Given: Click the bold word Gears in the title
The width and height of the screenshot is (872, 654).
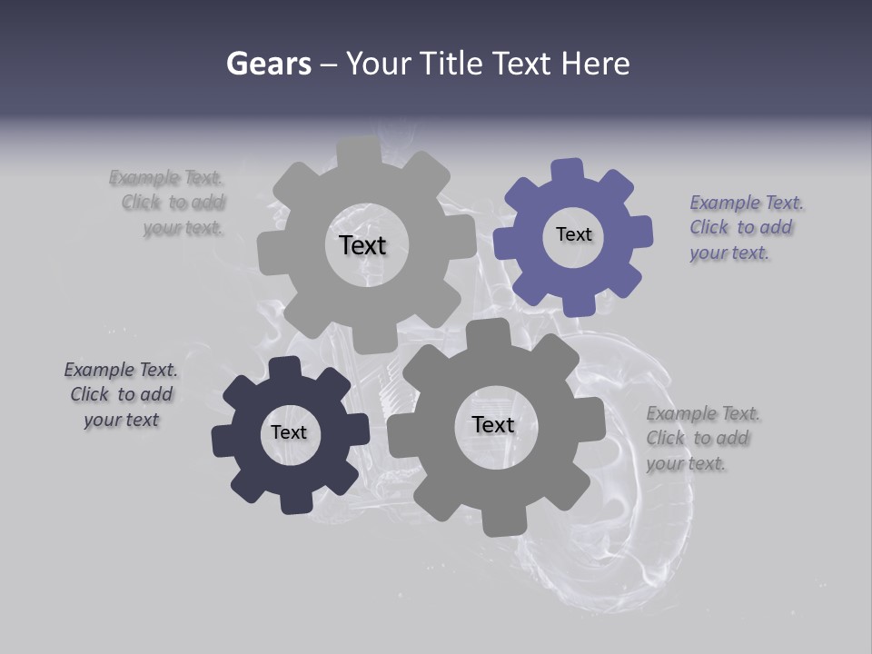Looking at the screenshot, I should point(268,64).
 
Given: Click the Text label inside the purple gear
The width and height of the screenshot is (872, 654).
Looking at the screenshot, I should point(573,234).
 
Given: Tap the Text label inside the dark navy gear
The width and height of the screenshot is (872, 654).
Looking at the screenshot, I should point(289,432).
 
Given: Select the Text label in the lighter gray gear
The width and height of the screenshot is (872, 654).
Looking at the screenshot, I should point(362,245).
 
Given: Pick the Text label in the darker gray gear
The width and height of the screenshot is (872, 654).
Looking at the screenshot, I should point(493,424).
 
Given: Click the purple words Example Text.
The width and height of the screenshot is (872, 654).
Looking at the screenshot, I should point(747,203).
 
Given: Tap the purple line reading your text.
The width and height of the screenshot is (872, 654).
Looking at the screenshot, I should point(728,253).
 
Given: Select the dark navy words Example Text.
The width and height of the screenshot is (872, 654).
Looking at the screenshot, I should point(121,370).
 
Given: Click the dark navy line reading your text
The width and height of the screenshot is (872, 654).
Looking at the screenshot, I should point(121,420).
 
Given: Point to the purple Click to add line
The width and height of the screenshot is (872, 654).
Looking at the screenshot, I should point(740,228).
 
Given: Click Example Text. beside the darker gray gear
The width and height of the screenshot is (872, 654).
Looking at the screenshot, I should point(703,414).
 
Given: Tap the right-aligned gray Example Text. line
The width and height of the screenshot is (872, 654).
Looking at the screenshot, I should point(166,177).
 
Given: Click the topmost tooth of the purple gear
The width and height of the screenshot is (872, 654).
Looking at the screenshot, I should point(569,168).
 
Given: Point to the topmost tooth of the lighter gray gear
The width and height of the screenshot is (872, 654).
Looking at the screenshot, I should point(360,148).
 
